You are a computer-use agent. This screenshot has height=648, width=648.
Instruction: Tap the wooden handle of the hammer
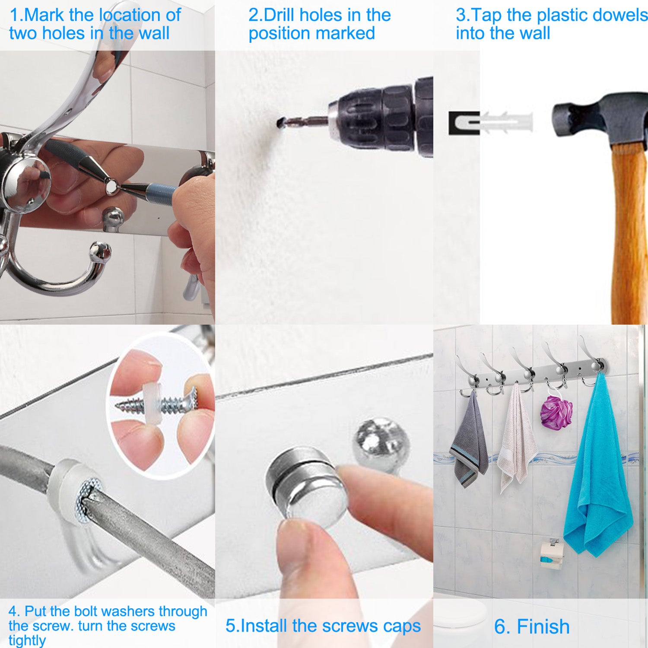(629, 233)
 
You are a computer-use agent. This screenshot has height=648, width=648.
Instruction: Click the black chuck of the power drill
(384, 117)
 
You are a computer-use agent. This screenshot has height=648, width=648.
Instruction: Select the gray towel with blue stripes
(469, 445)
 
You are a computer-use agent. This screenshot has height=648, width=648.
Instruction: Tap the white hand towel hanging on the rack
(516, 441)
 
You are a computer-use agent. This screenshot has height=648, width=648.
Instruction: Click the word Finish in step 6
(543, 626)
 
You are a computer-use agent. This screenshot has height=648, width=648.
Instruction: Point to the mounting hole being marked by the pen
(111, 186)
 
